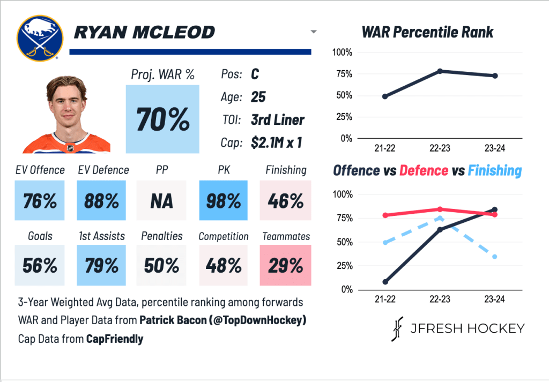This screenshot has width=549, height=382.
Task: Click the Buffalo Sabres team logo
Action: (37, 38)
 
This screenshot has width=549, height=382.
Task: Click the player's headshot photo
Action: (66, 114)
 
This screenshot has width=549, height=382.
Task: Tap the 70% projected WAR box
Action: (162, 119)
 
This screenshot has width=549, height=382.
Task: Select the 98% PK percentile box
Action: (224, 200)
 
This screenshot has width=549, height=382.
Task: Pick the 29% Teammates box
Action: (285, 265)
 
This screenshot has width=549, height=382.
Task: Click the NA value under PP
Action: (161, 200)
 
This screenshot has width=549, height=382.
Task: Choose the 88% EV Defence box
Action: (101, 200)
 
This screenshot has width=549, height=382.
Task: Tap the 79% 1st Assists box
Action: (101, 265)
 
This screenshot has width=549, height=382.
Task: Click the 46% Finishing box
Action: (285, 200)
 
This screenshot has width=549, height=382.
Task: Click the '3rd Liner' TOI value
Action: (278, 120)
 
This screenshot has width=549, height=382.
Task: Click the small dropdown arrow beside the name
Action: (314, 32)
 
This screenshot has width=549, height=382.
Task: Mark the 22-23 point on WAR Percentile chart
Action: (440, 71)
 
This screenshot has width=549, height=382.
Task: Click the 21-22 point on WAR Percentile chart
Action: (385, 96)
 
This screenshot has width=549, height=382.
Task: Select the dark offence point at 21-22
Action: (385, 282)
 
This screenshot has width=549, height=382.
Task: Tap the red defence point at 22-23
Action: (440, 209)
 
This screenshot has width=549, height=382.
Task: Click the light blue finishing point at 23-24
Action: (494, 257)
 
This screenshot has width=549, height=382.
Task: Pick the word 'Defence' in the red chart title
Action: (424, 170)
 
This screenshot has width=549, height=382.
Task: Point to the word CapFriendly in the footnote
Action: (115, 339)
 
